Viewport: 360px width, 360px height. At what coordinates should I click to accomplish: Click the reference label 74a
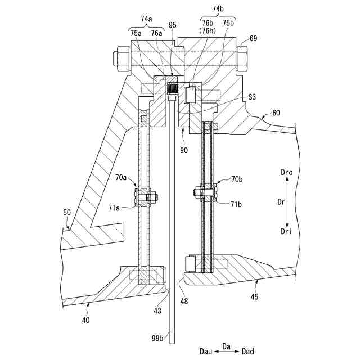(146, 19)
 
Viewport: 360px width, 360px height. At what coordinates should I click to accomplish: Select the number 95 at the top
(172, 25)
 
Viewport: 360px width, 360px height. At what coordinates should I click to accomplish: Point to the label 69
(253, 38)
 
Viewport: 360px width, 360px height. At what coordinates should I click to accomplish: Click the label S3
(253, 97)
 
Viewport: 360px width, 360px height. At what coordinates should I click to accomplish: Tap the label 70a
(121, 177)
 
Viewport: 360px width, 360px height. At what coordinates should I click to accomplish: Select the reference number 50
(67, 213)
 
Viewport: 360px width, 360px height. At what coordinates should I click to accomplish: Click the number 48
(184, 301)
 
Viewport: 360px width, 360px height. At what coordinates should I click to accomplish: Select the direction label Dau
(206, 352)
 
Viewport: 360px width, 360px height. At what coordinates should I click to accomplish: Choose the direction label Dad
(247, 352)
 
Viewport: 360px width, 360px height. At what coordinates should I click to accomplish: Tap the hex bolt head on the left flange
(121, 58)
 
